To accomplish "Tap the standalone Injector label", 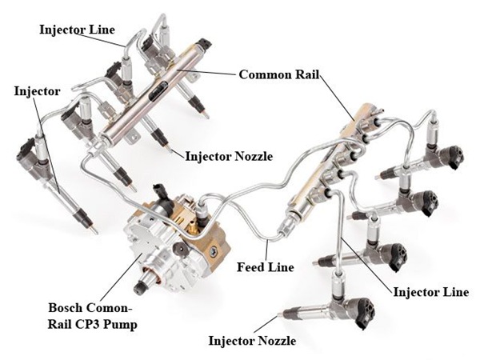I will point(37,90).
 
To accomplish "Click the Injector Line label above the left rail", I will point(76,30).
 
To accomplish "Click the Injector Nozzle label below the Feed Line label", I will point(252,341).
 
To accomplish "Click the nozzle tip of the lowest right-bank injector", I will point(280,313).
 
